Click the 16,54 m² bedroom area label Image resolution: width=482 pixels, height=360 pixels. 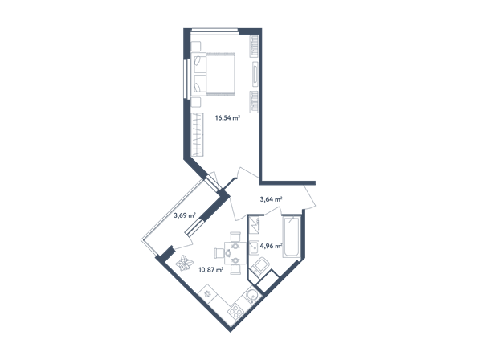tap(227, 117)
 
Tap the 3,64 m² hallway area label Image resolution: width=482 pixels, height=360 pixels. tap(272, 199)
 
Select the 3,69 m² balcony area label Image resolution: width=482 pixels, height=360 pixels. tap(185, 215)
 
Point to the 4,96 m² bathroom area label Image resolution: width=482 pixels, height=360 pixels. tap(272, 246)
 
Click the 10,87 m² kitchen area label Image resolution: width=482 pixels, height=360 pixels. tap(211, 270)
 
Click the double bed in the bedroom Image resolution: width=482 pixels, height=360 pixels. tap(213, 74)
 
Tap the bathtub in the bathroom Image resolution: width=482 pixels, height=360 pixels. tap(292, 236)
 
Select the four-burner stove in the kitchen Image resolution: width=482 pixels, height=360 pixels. tap(236, 311)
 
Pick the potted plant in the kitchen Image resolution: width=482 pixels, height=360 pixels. tap(185, 263)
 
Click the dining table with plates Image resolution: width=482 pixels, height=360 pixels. tap(235, 253)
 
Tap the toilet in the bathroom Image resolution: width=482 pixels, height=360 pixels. tap(260, 266)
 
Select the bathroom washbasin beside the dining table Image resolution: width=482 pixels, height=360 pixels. tap(254, 247)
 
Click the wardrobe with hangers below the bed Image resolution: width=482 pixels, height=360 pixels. tap(197, 135)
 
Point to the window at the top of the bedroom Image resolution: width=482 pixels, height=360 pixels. tap(214, 30)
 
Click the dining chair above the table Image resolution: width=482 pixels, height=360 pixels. tap(235, 237)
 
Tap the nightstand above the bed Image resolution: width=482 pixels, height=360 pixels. tap(195, 46)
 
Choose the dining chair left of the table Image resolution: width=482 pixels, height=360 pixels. tap(219, 253)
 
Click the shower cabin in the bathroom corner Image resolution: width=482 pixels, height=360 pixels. tap(254, 225)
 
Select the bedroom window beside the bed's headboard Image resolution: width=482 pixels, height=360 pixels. tap(186, 79)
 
